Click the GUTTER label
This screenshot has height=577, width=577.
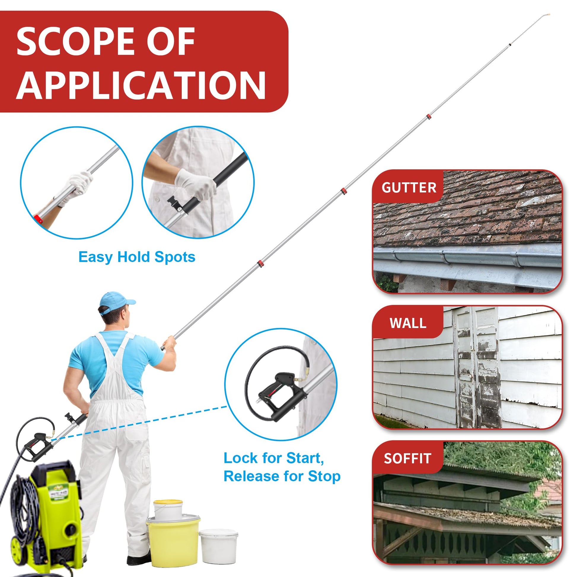click(x=409, y=188)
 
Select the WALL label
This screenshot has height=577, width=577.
click(x=408, y=323)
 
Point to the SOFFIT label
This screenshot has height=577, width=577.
click(x=407, y=458)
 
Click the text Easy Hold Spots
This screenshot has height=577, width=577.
click(x=137, y=257)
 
